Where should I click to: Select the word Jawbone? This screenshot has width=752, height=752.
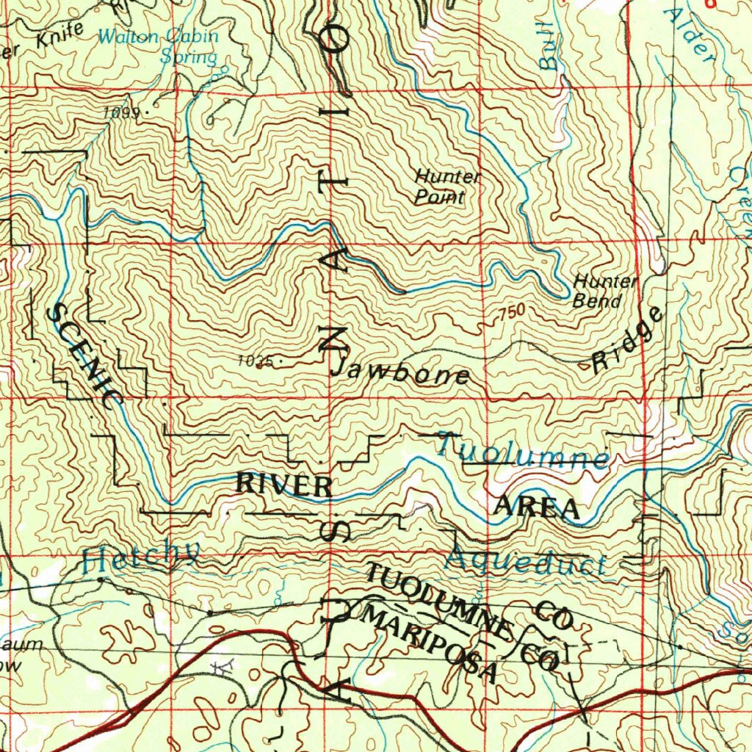[400, 372]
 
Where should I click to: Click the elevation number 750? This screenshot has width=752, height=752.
[512, 314]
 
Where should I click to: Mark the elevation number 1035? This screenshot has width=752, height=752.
[255, 361]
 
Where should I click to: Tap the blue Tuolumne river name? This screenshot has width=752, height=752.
[524, 450]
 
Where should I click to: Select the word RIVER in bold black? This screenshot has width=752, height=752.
[283, 485]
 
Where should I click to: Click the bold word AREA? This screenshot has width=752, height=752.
[536, 507]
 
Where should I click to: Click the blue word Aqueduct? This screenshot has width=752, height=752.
[526, 562]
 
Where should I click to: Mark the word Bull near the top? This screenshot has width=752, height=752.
[548, 53]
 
